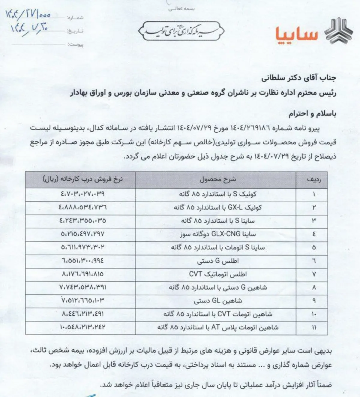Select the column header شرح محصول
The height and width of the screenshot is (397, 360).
pos(217,179)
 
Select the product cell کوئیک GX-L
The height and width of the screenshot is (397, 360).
pos(217,207)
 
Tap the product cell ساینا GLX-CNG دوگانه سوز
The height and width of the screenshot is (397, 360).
pos(217,234)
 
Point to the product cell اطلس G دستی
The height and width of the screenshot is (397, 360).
pos(217,261)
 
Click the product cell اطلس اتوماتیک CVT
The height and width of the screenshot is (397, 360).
pos(217,274)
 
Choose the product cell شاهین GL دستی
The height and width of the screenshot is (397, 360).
pos(217,301)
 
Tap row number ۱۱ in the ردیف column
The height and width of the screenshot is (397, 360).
pos(314,327)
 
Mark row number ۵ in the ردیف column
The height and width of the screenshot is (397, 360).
pos(314,248)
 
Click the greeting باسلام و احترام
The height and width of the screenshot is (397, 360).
pos(312,114)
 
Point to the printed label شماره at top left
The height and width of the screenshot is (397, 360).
pos(75,18)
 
